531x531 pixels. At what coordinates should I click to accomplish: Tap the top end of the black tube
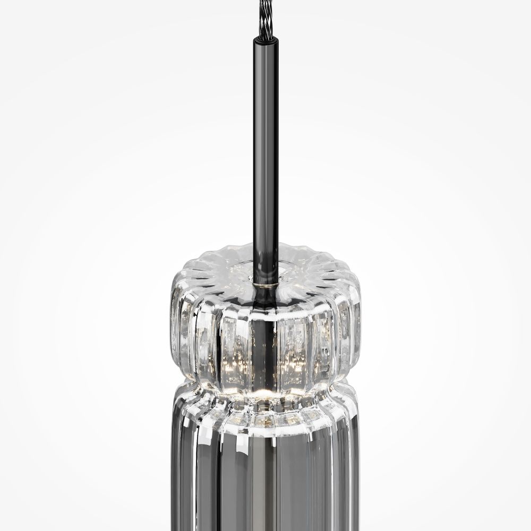coord(265,38)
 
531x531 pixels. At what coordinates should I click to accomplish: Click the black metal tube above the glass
coord(265,159)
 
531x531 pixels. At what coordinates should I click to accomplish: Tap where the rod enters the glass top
coord(265,279)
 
